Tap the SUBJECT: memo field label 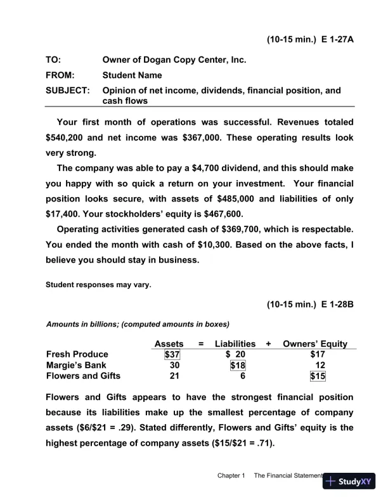[x=67, y=91]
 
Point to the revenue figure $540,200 [x=66, y=137]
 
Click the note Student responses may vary [x=98, y=285]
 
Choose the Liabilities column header [x=235, y=344]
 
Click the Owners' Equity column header [x=315, y=344]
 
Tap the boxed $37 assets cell [x=172, y=354]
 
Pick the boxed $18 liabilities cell [x=237, y=365]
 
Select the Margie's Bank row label [x=75, y=365]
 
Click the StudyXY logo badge [x=349, y=481]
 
